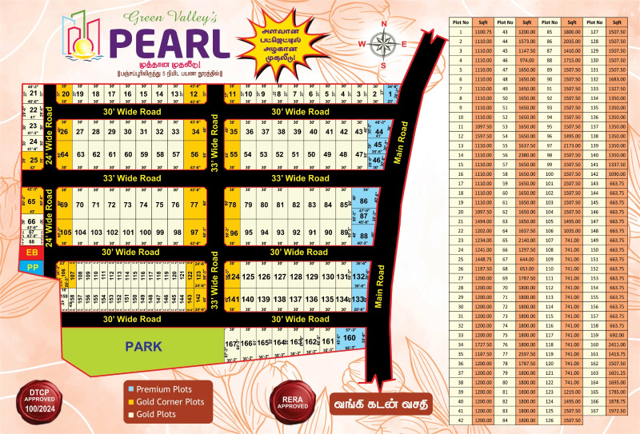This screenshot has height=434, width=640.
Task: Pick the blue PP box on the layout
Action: point(33,266)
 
